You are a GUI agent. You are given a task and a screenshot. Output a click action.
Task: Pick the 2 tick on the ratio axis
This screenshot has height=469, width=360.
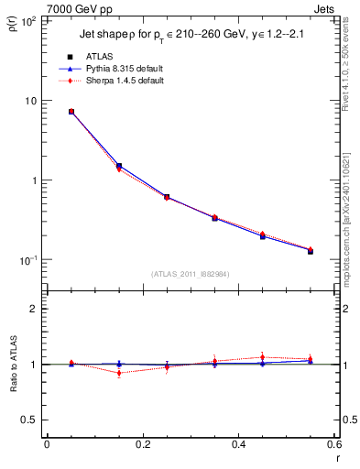coord(35,309)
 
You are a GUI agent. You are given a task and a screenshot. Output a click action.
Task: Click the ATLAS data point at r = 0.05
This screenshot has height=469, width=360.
coord(71,112)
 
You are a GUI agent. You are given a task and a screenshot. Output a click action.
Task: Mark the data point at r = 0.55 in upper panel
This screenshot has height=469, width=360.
coord(311,250)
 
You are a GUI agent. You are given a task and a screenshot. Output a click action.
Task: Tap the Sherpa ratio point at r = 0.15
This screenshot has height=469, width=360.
coord(119,373)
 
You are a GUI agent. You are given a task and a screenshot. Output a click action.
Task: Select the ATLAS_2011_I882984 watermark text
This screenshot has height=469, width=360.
coord(190,273)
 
